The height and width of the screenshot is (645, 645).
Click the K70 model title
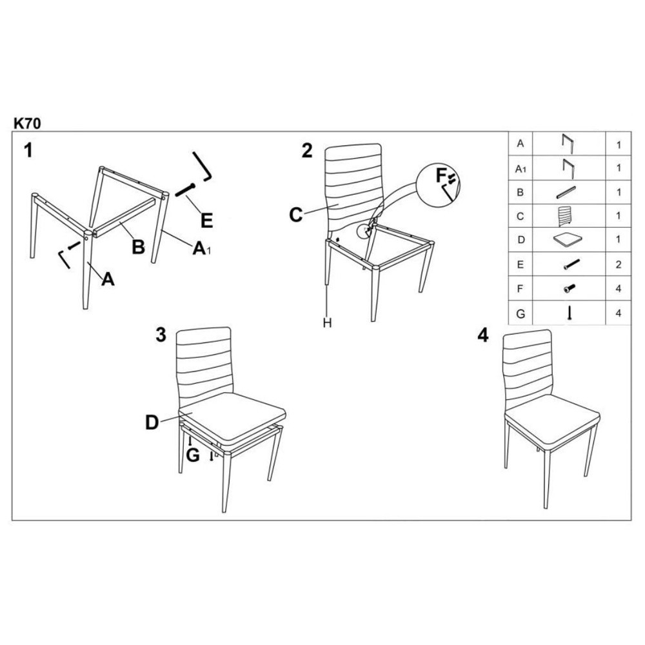[x=27, y=123]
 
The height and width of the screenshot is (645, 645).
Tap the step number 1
[x=28, y=150]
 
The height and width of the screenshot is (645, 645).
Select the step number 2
[x=307, y=150]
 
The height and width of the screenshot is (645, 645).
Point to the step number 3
[x=161, y=335]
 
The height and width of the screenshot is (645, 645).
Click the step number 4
[x=483, y=335]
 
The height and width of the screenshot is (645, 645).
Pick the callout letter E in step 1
[x=206, y=221]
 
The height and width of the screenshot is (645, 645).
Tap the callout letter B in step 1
[x=139, y=247]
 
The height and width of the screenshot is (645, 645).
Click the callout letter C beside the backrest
[x=296, y=215]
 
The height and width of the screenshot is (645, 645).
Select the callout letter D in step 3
[x=152, y=422]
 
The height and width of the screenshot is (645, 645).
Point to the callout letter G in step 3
[x=192, y=455]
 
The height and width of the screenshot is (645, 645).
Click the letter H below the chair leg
[x=327, y=323]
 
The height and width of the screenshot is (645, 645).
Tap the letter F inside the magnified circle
[x=441, y=176]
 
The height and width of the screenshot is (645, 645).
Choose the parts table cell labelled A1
[x=521, y=168]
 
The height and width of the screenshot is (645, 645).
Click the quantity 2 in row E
[x=619, y=264]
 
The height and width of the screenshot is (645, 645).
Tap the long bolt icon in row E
[x=571, y=264]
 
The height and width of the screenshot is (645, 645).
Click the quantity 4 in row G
[x=619, y=313]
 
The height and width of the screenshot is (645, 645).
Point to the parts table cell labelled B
[x=521, y=192]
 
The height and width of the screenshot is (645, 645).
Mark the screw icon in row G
[x=570, y=313]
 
